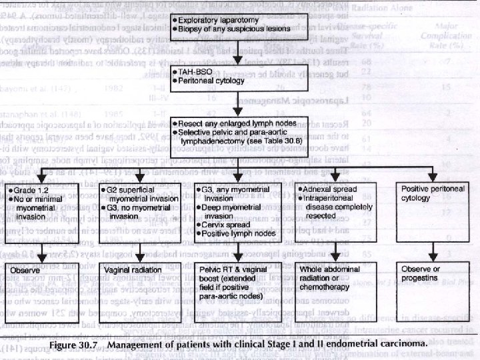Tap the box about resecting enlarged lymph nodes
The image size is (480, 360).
(234, 133)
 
